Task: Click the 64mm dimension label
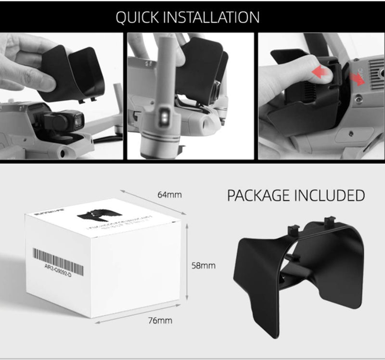pos(169,194)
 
